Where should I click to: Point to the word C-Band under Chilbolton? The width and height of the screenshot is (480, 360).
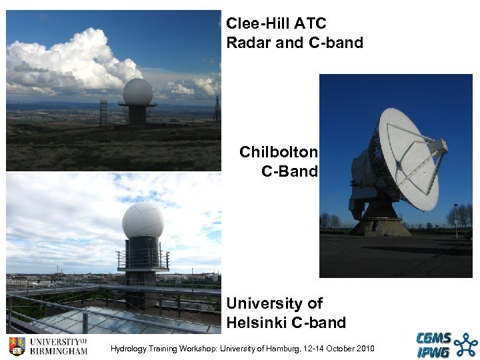(x=289, y=171)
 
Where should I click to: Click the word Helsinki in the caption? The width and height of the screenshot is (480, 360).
(x=257, y=323)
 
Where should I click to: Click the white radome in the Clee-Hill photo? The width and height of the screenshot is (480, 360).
(x=137, y=91)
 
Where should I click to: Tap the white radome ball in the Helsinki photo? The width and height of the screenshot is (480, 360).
(x=143, y=221)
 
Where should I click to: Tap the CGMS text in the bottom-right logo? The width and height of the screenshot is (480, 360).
(x=434, y=339)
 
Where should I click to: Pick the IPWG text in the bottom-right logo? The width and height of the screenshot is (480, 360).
(x=433, y=352)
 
